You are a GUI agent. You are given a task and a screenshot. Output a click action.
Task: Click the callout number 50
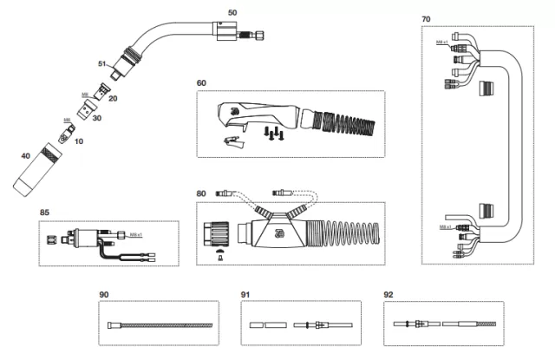[232, 13]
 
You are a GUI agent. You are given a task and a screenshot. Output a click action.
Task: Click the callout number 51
[102, 64]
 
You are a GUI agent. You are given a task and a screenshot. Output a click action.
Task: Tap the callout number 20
[113, 99]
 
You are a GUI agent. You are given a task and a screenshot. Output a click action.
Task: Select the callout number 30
[96, 118]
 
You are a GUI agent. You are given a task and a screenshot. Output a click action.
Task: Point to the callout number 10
[80, 141]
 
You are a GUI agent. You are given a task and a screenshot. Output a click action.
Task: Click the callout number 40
[25, 156]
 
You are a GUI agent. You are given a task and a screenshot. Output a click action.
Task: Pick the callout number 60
[201, 82]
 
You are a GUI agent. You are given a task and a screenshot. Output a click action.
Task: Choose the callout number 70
[426, 18]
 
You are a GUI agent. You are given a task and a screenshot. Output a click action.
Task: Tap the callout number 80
[201, 193]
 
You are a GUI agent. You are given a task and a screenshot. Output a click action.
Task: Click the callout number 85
[43, 212]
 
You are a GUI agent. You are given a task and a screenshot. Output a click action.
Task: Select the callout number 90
[103, 295]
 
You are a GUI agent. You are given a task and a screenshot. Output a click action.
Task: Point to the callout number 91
[245, 295]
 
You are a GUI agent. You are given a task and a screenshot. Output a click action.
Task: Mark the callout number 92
[388, 295]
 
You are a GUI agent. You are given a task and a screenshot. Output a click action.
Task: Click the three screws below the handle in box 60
[272, 131]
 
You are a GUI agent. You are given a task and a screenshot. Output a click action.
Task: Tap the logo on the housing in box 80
[276, 230]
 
